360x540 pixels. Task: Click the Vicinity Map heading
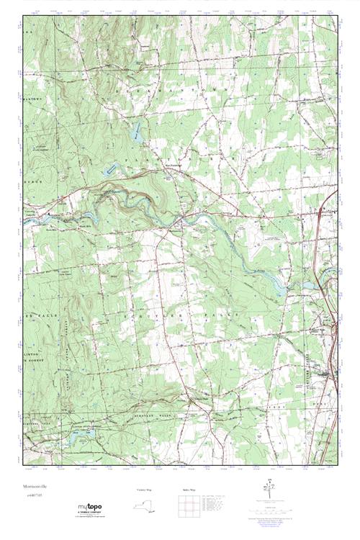click(x=145, y=490)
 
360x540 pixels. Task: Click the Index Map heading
click(x=189, y=490)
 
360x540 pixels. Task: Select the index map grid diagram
click(x=189, y=507)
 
